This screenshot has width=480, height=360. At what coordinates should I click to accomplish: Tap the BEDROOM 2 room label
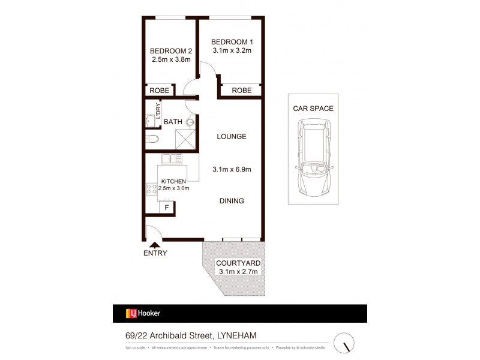(x=170, y=51)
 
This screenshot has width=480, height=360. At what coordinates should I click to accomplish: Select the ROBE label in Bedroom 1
(x=241, y=90)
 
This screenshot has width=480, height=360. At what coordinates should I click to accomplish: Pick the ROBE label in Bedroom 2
(x=160, y=91)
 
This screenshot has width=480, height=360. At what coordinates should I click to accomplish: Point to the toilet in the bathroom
(x=152, y=140)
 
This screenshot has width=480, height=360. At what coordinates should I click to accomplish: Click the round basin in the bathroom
(x=190, y=122)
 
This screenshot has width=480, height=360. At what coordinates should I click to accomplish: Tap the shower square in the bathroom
(x=187, y=140)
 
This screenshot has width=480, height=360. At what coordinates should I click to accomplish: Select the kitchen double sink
(x=172, y=159)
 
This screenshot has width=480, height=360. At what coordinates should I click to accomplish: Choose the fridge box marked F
(x=166, y=208)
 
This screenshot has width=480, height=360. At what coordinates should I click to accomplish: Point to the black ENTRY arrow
(x=155, y=244)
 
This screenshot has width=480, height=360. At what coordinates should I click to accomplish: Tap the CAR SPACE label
(x=313, y=109)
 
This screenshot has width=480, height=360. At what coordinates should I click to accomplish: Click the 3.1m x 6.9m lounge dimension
(x=232, y=169)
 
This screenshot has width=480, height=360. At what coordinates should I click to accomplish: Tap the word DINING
(x=232, y=201)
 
